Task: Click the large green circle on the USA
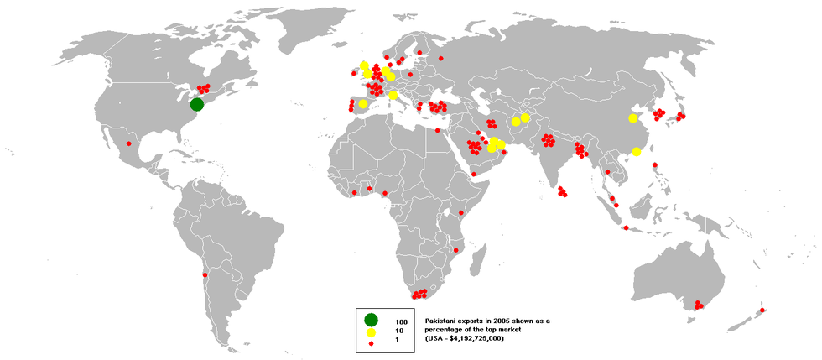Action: click(x=196, y=104)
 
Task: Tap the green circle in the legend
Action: click(x=371, y=318)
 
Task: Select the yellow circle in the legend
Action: click(x=371, y=332)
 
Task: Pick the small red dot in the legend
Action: click(x=371, y=344)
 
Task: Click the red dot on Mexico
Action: click(x=129, y=143)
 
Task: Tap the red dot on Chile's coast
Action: click(x=205, y=274)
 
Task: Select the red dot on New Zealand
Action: click(x=762, y=311)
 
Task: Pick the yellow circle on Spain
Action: click(x=362, y=104)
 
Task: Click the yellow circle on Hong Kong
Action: click(x=637, y=152)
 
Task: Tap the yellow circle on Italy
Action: click(x=393, y=96)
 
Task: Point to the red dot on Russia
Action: click(x=440, y=58)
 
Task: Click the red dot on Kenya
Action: click(x=460, y=213)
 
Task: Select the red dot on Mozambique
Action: click(x=455, y=249)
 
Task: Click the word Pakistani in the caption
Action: click(x=443, y=321)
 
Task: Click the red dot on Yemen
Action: click(x=473, y=174)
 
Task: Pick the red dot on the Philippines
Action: click(x=657, y=164)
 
